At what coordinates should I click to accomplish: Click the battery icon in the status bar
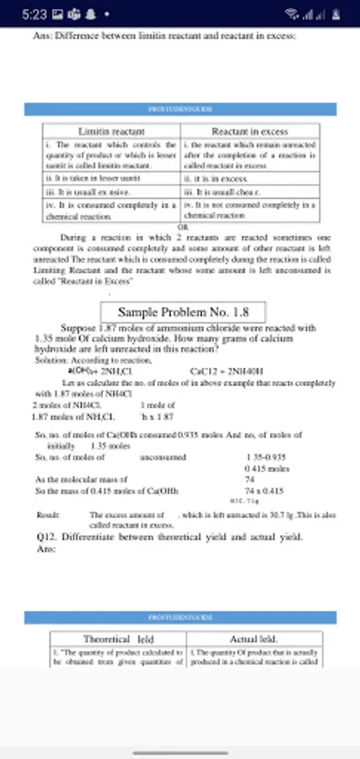[x=335, y=14]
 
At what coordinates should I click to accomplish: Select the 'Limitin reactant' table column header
[x=110, y=132]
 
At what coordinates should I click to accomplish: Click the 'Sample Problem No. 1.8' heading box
[x=183, y=312]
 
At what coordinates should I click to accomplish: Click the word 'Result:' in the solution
[x=47, y=514]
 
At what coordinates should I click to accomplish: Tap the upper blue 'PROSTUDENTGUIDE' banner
[x=180, y=110]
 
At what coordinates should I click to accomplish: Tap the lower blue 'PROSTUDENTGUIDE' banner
[x=180, y=617]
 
